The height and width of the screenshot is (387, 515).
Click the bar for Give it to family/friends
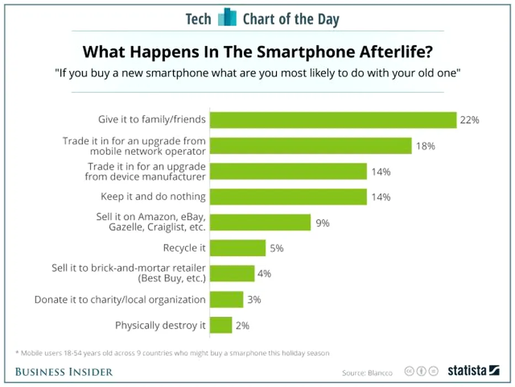(x=333, y=120)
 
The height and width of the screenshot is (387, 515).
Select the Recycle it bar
(x=238, y=248)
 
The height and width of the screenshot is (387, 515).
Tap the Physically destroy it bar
(x=221, y=326)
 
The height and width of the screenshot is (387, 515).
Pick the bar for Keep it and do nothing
(x=289, y=197)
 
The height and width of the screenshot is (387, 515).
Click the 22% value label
(x=470, y=120)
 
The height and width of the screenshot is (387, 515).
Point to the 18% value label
(x=425, y=146)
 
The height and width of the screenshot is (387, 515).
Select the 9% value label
(x=322, y=223)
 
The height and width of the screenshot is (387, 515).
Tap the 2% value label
(x=242, y=326)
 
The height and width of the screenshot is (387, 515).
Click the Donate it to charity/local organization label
(x=120, y=300)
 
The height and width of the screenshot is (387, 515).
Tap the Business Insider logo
(x=64, y=371)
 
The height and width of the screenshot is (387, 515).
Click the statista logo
(x=473, y=370)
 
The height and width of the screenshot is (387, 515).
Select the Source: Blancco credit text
(x=367, y=373)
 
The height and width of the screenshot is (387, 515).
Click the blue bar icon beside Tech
(x=227, y=18)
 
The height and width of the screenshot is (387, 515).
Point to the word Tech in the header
(x=198, y=19)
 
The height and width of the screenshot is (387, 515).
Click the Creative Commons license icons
(x=421, y=371)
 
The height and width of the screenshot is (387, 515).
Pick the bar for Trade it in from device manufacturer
(x=289, y=171)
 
